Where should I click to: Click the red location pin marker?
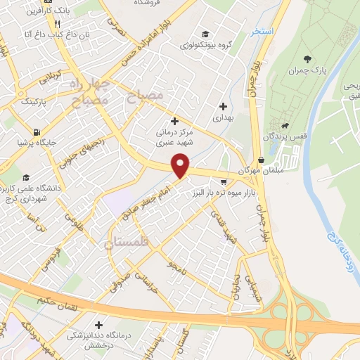[x=181, y=166]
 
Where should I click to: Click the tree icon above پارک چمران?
[x=307, y=59]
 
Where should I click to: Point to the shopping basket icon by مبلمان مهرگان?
[x=261, y=160]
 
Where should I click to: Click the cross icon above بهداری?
[x=223, y=107]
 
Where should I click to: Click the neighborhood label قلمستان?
[x=128, y=244]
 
